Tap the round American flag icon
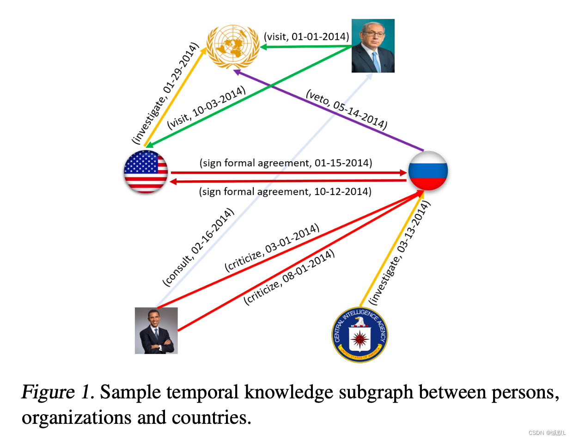pyautogui.click(x=146, y=172)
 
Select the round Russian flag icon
pyautogui.click(x=428, y=171)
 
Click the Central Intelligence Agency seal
pyautogui.click(x=360, y=335)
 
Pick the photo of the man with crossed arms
pyautogui.click(x=156, y=330)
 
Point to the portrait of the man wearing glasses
pyautogui.click(x=373, y=46)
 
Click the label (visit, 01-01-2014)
pyautogui.click(x=306, y=36)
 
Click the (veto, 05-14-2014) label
pyautogui.click(x=346, y=110)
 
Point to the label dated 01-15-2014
pyautogui.click(x=286, y=163)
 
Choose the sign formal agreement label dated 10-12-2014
pyautogui.click(x=285, y=191)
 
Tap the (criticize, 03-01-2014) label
pyautogui.click(x=272, y=248)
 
